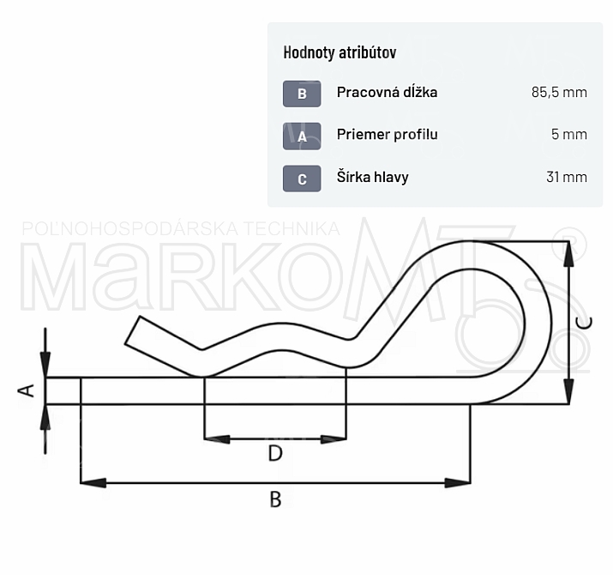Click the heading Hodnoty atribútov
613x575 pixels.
340,52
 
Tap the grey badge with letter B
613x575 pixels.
302,94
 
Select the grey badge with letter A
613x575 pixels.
302,136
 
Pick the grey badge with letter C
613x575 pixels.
302,179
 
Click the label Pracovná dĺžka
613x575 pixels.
387,93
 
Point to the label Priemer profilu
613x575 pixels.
387,134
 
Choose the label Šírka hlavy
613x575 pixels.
373,177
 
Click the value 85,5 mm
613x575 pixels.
559,93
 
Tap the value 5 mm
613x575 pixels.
569,134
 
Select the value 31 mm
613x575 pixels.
567,177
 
